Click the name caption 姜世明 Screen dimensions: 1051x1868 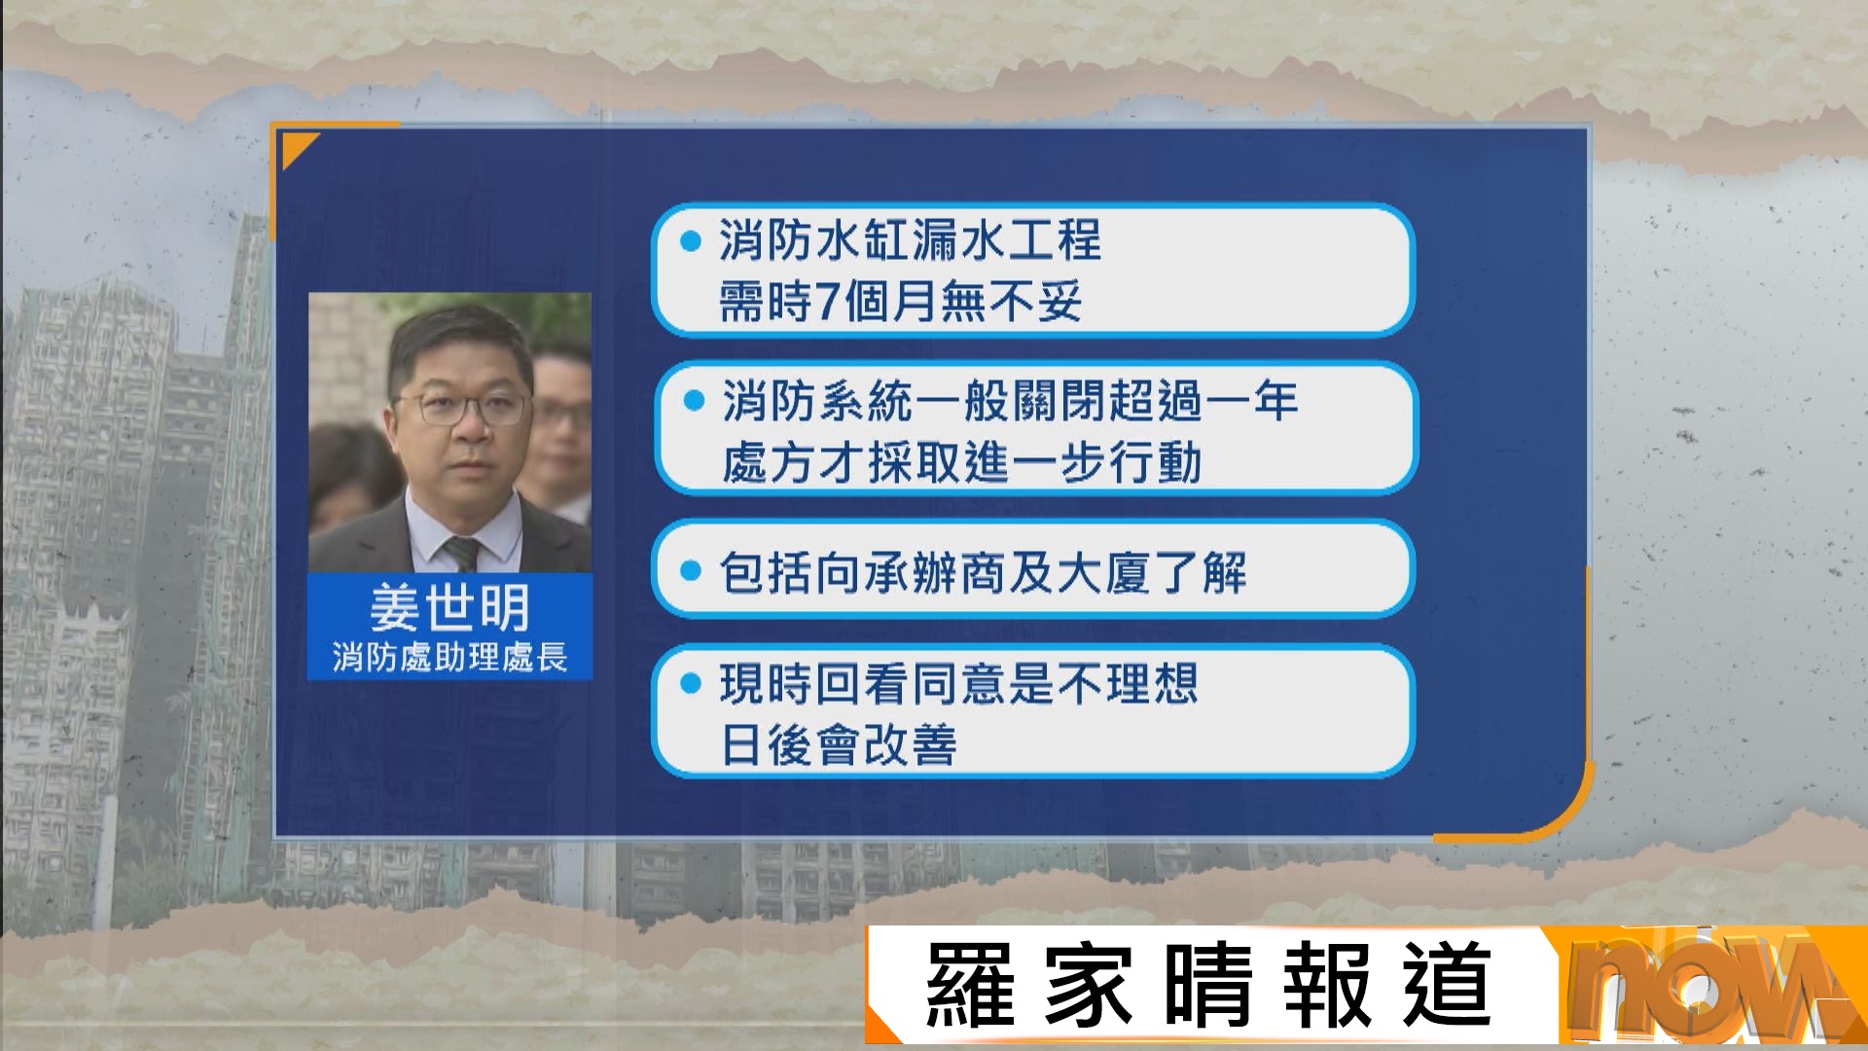(x=449, y=608)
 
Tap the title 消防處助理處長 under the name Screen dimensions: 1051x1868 (x=449, y=658)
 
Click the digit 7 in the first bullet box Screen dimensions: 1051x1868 (x=827, y=301)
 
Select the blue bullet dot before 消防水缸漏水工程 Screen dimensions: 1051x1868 (x=691, y=241)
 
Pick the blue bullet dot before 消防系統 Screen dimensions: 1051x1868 (x=694, y=401)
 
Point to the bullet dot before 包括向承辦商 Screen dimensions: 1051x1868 (x=691, y=571)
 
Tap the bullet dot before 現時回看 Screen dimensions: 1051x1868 (x=691, y=684)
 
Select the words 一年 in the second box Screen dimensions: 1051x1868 (x=1250, y=401)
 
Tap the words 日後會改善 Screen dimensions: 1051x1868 (x=839, y=745)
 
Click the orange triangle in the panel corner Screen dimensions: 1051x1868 (x=296, y=148)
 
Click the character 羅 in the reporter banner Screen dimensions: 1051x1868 (x=970, y=985)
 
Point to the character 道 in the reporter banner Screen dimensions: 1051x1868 (x=1447, y=985)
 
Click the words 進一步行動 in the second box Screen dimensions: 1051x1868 (x=1082, y=463)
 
